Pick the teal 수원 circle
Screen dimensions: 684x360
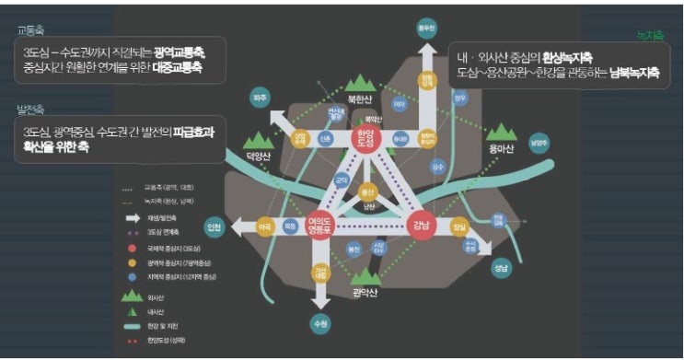320,323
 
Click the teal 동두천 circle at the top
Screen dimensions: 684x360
426,28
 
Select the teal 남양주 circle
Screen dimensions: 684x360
539,143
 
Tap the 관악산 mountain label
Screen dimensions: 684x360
366,294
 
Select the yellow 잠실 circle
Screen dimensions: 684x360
459,226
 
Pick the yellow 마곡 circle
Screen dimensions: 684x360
266,226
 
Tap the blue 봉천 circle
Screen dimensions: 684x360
353,249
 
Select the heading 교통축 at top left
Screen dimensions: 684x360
30,29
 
